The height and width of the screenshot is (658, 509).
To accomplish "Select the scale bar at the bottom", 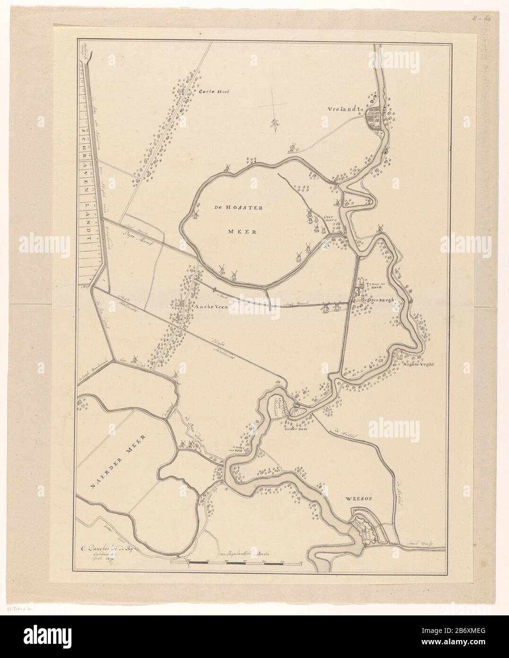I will point(237,562).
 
